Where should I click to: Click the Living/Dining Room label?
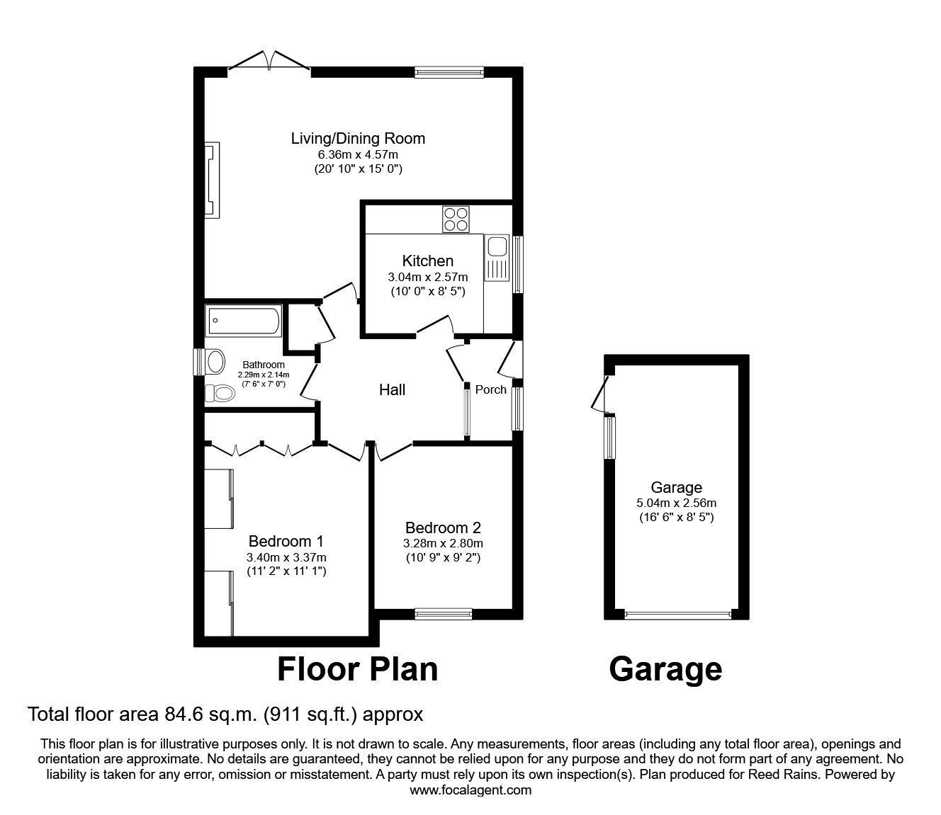click(x=358, y=138)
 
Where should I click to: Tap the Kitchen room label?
click(x=427, y=261)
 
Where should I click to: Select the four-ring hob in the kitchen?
click(x=456, y=220)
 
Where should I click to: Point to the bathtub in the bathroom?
click(x=244, y=320)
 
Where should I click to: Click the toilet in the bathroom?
click(x=219, y=393)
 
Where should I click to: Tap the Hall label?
click(x=392, y=390)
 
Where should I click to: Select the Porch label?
click(x=491, y=389)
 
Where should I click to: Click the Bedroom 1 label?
click(x=286, y=541)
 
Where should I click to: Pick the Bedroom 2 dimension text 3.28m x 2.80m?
click(x=443, y=543)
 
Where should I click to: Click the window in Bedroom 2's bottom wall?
click(x=444, y=615)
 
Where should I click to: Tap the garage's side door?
click(x=602, y=395)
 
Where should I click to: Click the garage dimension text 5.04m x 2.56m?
click(x=677, y=503)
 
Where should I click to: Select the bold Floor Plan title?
click(x=357, y=669)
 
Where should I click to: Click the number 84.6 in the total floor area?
click(x=181, y=714)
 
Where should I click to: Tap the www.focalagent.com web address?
click(x=470, y=790)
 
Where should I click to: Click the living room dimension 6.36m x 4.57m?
click(x=358, y=154)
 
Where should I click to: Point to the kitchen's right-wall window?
click(x=517, y=264)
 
